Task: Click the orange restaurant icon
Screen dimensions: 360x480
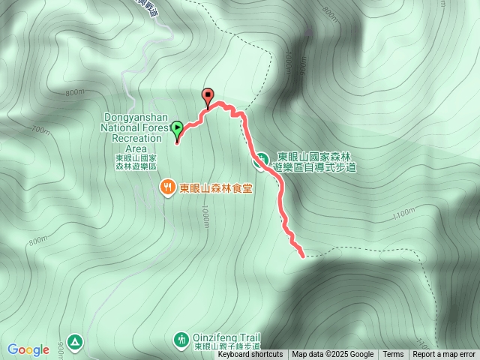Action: pyautogui.click(x=168, y=187)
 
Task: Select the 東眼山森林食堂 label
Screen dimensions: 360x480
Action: pyautogui.click(x=214, y=188)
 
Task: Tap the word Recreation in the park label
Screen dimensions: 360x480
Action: pyautogui.click(x=136, y=138)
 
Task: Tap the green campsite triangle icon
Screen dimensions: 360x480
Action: pyautogui.click(x=74, y=342)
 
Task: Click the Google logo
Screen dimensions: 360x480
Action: pyautogui.click(x=28, y=349)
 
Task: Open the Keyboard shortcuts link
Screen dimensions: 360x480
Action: pyautogui.click(x=250, y=355)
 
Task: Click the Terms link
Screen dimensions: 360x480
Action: pyautogui.click(x=393, y=355)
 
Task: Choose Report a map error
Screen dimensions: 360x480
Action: pyautogui.click(x=444, y=355)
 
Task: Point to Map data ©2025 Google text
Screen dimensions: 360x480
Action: pyautogui.click(x=333, y=355)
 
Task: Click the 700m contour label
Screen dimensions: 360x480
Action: pyautogui.click(x=42, y=131)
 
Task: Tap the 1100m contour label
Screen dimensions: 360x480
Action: pyautogui.click(x=403, y=214)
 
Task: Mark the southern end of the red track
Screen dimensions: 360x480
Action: pyautogui.click(x=302, y=256)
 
